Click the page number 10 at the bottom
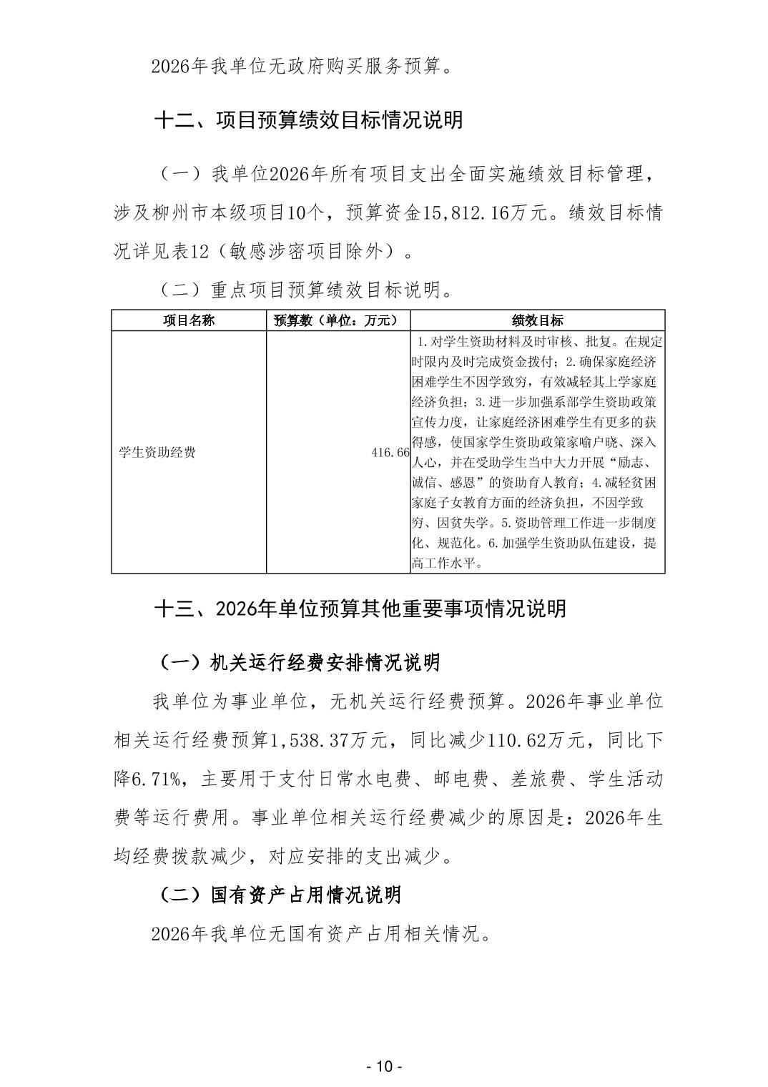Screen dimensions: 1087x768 pos(384,1066)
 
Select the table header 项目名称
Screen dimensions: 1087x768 pos(189,320)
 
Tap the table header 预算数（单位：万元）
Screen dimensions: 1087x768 pos(338,320)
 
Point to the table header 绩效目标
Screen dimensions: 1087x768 pos(537,320)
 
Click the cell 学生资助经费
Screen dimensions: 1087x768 pos(157,452)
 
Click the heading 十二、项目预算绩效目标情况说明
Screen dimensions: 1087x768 pos(309,119)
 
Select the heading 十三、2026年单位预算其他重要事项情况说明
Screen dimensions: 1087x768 pos(360,609)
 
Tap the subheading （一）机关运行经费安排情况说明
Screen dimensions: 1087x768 pos(297,662)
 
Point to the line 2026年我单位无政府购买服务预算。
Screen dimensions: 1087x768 pos(302,67)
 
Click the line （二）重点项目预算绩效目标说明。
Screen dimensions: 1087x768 pos(302,290)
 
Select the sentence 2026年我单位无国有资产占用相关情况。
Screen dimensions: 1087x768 pos(322,934)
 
